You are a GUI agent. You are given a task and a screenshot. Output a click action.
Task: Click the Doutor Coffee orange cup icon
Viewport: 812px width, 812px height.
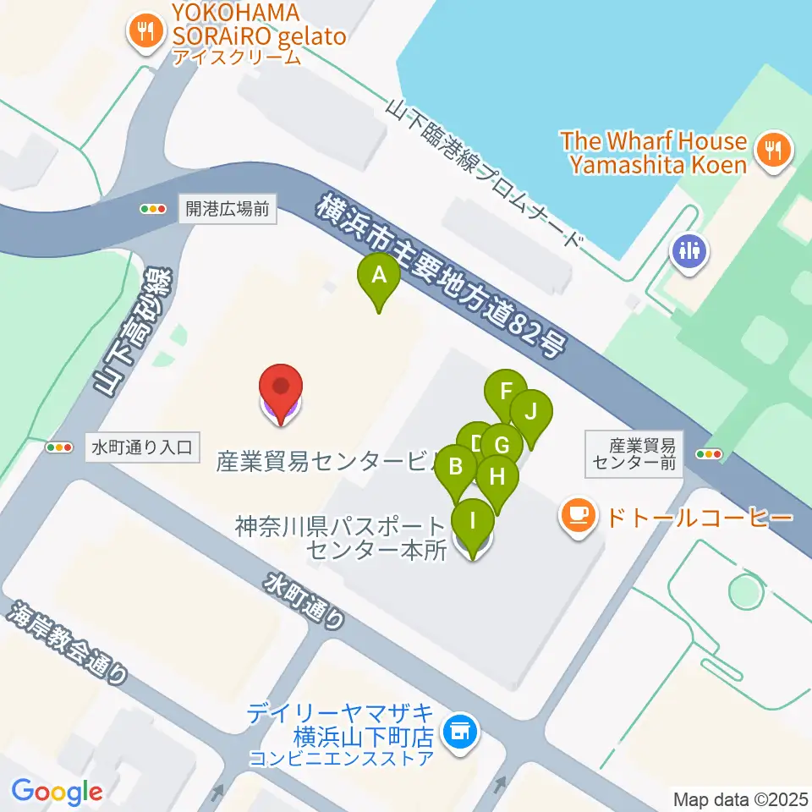click(x=578, y=515)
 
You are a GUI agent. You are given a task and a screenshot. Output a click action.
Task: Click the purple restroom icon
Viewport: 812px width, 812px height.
click(x=690, y=251)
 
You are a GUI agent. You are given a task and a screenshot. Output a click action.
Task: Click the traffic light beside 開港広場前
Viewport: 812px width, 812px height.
click(x=153, y=209)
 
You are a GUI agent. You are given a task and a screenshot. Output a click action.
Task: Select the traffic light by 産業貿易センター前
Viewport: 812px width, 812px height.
click(x=708, y=454)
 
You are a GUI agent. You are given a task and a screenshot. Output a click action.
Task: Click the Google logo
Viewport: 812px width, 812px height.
click(x=57, y=792)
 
